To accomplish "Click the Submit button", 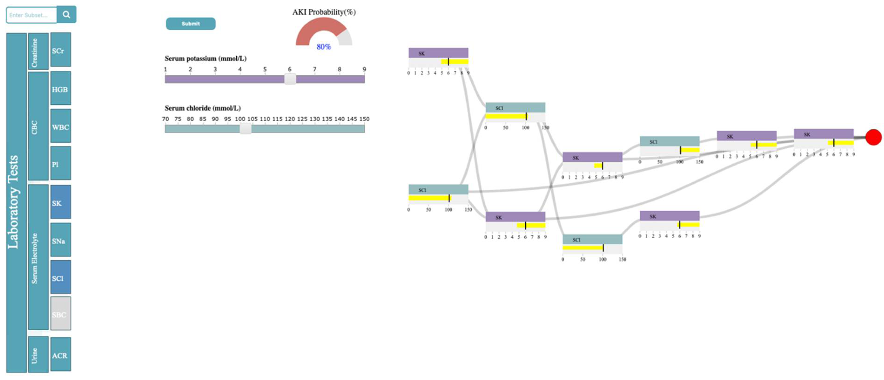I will pos(191,24).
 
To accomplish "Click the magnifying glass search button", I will pos(66,14).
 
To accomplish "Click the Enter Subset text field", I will pos(31,15).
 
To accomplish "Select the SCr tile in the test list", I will pos(60,50).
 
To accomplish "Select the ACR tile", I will pos(60,355).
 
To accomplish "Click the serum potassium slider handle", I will pos(290,79).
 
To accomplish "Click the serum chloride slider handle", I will pos(245,129).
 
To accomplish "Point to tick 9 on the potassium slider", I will pos(364,69).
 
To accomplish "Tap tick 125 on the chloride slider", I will pos(302,119).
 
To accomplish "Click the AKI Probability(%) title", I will pos(324,12).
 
